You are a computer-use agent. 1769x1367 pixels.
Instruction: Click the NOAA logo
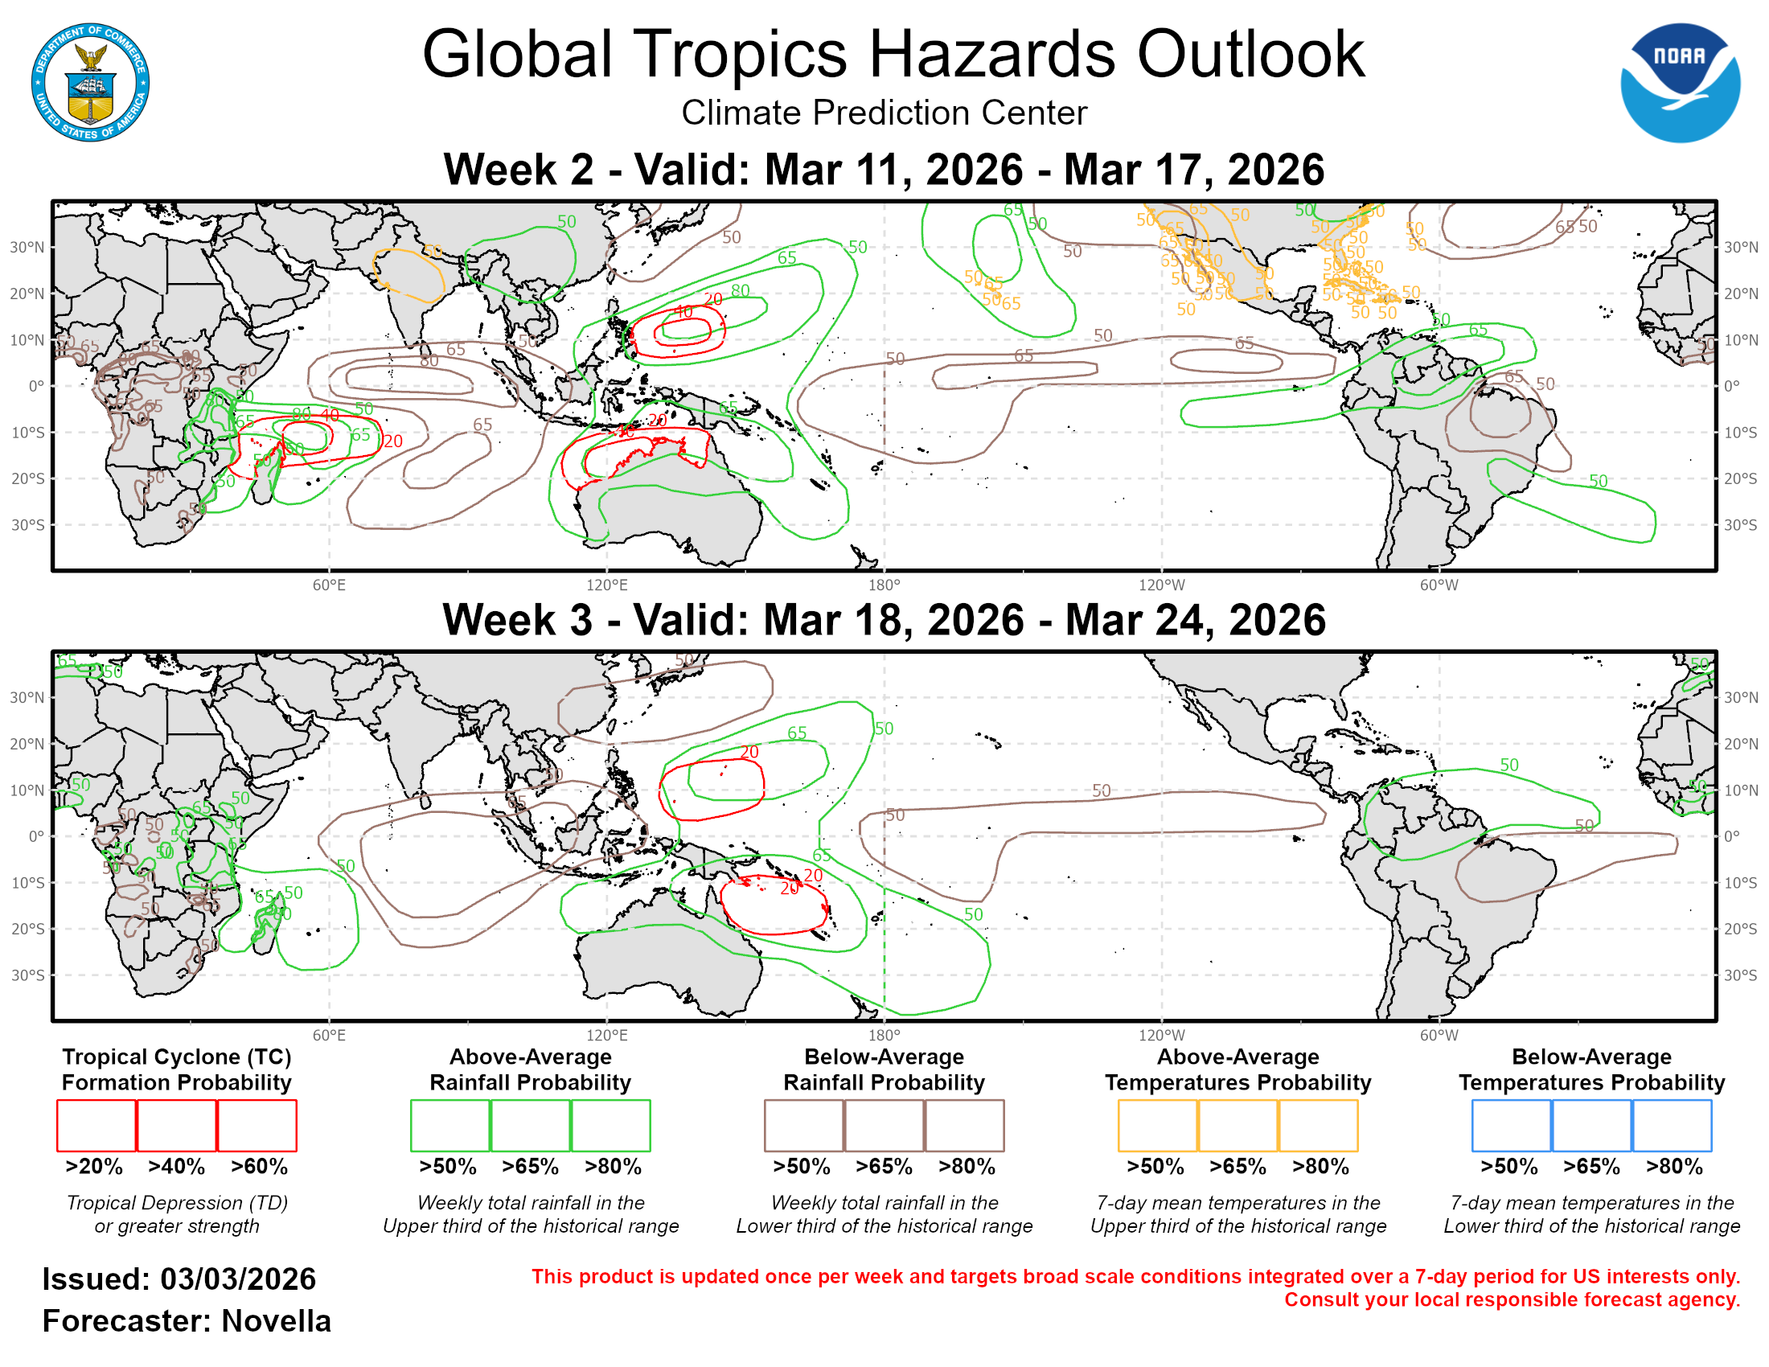point(1679,83)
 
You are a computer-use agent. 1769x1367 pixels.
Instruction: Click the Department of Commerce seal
point(90,83)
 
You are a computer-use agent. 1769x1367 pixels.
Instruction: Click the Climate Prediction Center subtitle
point(884,113)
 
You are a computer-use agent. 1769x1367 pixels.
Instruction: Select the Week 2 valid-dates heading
point(884,170)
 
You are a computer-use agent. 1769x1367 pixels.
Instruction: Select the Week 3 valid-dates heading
point(884,620)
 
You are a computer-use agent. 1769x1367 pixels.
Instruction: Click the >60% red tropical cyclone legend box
point(257,1126)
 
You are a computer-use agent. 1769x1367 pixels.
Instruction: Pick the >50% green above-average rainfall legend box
point(449,1126)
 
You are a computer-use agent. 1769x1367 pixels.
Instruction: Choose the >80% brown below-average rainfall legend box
point(964,1126)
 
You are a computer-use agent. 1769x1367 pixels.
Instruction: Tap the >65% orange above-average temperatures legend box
point(1237,1126)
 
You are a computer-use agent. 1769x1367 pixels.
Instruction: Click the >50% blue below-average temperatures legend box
point(1511,1126)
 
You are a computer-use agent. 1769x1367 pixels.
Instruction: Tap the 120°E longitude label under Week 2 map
point(606,585)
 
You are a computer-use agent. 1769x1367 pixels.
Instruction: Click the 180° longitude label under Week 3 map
point(884,1036)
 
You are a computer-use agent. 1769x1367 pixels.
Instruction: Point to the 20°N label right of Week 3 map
point(1740,745)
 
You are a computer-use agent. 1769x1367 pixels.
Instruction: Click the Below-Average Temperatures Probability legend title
point(1591,1069)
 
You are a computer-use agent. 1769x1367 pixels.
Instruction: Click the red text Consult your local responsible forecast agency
point(1512,1300)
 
